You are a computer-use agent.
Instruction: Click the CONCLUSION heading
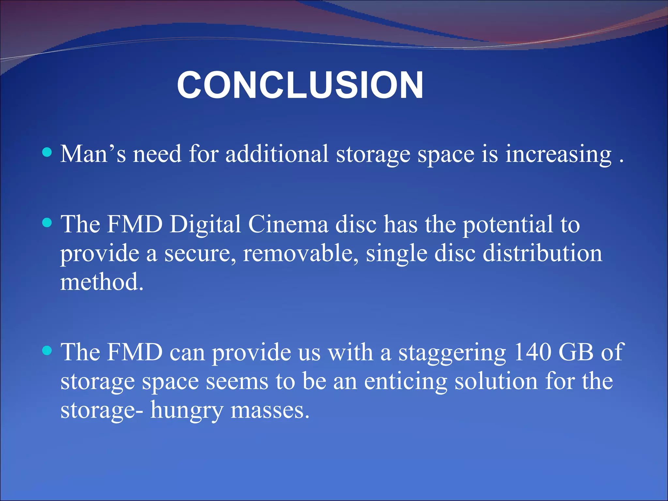(x=300, y=85)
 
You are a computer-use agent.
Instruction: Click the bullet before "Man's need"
(x=47, y=152)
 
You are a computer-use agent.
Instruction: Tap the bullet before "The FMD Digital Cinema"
(x=47, y=223)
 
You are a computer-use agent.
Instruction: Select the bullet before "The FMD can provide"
(x=47, y=351)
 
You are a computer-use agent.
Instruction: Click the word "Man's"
(x=93, y=154)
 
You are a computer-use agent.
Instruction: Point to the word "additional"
(x=277, y=154)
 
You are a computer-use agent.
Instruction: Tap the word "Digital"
(x=205, y=225)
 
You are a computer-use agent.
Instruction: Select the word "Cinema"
(x=288, y=225)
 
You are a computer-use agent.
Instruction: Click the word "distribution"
(x=542, y=253)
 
